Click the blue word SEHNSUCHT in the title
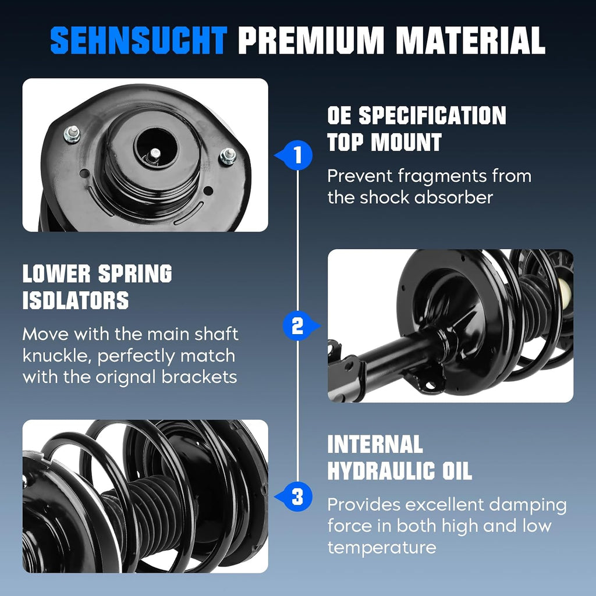(139, 40)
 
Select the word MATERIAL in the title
(470, 40)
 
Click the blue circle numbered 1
(298, 155)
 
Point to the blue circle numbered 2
(297, 326)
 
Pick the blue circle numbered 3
(298, 497)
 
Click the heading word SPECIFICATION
(432, 115)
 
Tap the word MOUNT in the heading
(406, 142)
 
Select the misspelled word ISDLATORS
(76, 300)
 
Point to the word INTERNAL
(375, 444)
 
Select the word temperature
(382, 548)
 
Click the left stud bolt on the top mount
(72, 134)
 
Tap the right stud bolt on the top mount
(228, 156)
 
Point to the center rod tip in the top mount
(155, 154)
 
